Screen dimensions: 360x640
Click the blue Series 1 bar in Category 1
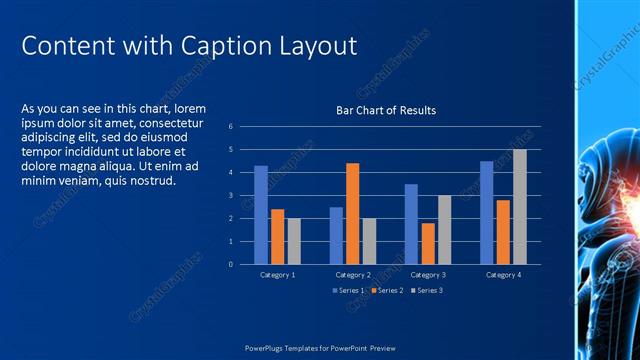click(x=261, y=215)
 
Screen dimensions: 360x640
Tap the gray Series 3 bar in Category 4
click(x=519, y=207)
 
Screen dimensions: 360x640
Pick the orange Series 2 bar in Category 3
click(x=428, y=244)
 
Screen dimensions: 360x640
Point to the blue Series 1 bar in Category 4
click(x=486, y=213)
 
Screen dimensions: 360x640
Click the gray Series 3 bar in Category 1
click(x=293, y=241)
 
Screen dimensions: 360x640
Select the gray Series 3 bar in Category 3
click(x=444, y=230)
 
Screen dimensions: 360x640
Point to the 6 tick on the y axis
click(x=230, y=127)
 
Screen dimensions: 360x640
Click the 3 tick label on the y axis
click(x=230, y=196)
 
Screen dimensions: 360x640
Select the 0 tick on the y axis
click(x=230, y=265)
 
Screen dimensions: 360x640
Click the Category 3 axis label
click(x=428, y=274)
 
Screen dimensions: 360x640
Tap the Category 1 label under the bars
click(x=277, y=274)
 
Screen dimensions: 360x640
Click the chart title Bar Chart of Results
click(x=385, y=110)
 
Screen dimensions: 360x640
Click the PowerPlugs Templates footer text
click(x=320, y=348)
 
